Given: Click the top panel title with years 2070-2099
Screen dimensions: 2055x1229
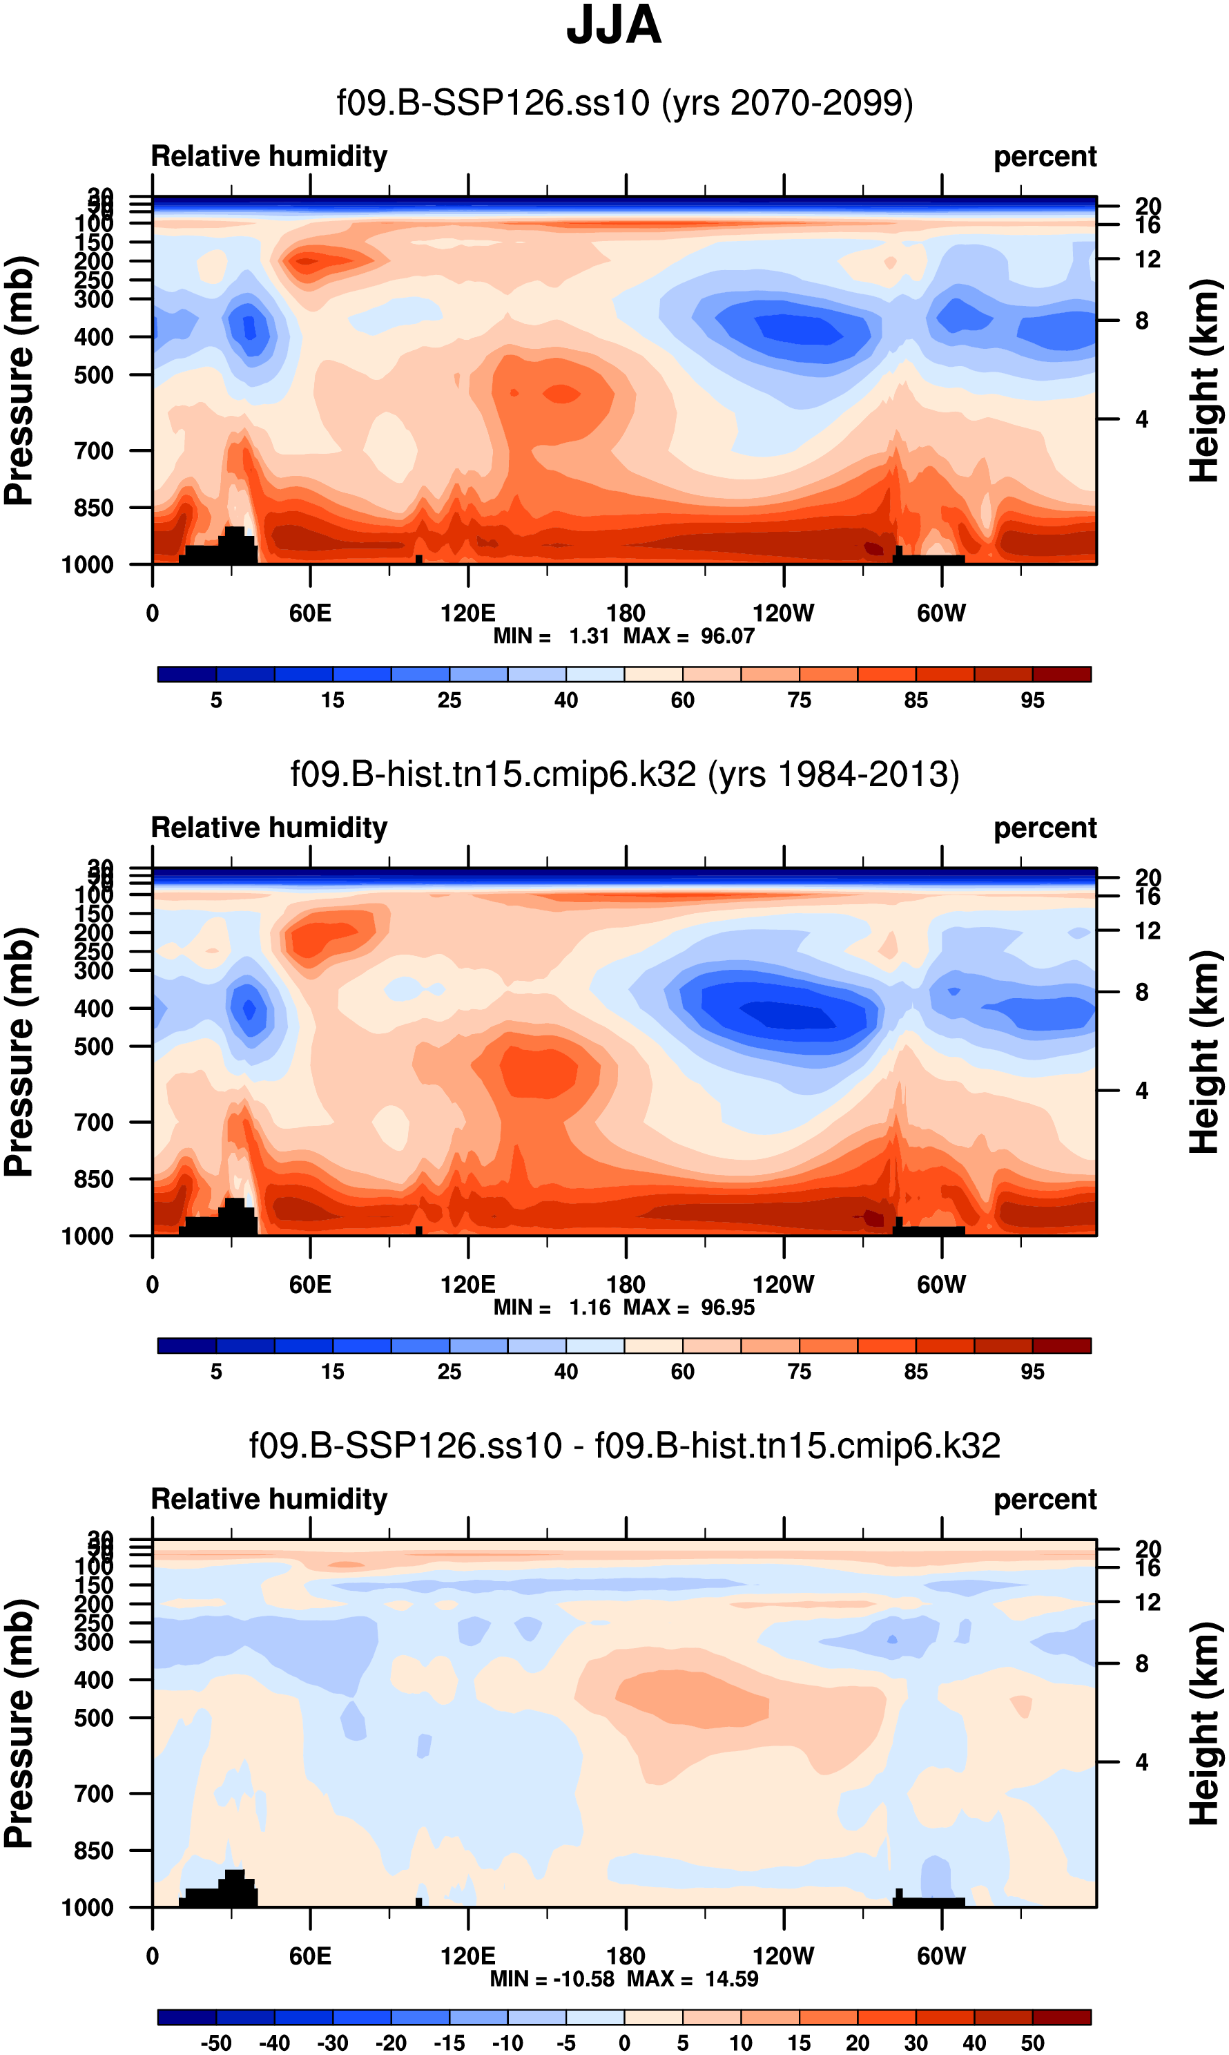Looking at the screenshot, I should coord(624,104).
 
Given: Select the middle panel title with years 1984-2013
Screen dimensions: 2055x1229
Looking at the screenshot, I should coord(624,774).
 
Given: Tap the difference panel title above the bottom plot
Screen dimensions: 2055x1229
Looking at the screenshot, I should coord(624,1445).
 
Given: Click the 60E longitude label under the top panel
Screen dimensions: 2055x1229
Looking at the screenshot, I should coord(310,614).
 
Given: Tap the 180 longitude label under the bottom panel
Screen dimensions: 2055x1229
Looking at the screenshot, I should coord(626,1956).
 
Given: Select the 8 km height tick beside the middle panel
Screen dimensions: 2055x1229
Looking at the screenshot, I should coord(1141,993).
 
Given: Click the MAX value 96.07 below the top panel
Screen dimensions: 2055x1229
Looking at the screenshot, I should coord(727,636).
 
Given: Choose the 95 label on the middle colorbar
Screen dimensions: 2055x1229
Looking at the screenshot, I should coord(1032,1372).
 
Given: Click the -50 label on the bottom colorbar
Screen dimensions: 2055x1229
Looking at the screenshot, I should coord(216,2043).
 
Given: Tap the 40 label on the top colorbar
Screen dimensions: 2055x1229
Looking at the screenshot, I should coord(565,700).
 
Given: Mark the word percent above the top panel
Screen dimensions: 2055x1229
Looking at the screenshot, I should coord(1045,157).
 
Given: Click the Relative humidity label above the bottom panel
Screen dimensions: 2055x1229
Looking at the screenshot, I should coord(269,1499).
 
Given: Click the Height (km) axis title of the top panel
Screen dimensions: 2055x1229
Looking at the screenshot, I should coord(1205,381).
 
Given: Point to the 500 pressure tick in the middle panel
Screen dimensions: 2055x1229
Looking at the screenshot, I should coord(95,1047).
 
